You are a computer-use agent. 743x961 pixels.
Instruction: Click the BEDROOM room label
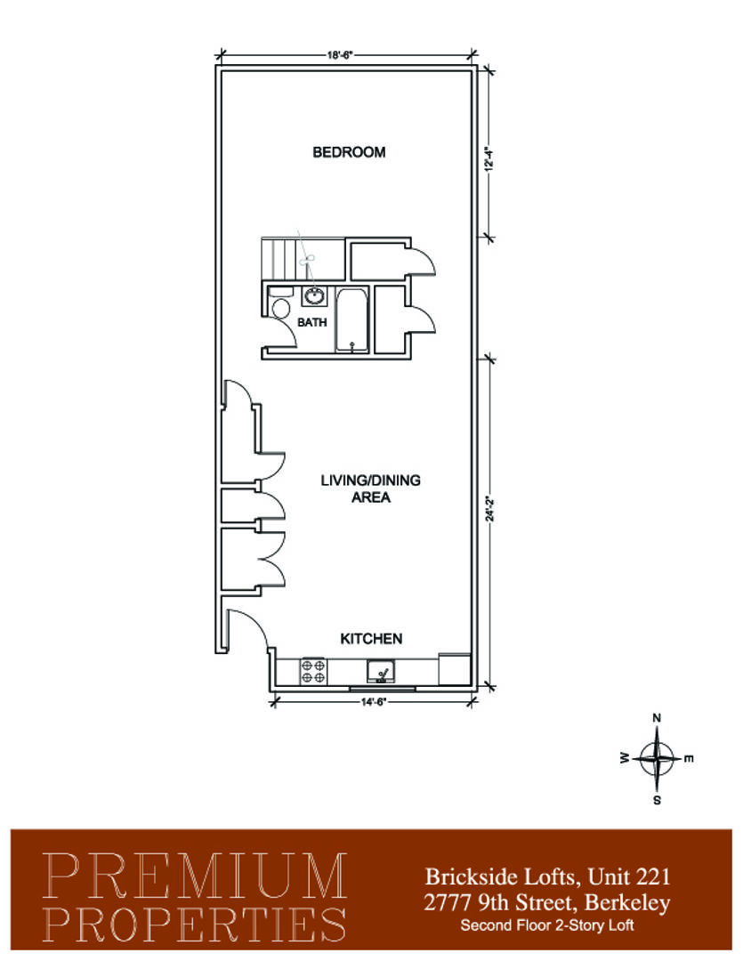click(349, 152)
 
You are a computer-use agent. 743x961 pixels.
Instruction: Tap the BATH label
click(312, 322)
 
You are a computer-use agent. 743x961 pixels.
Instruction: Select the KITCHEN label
click(371, 639)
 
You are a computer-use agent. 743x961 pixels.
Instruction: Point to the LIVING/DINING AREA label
click(370, 489)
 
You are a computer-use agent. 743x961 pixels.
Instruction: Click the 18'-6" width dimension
click(340, 55)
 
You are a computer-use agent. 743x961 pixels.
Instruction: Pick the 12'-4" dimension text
click(489, 158)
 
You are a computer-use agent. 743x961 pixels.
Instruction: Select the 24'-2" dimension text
click(489, 508)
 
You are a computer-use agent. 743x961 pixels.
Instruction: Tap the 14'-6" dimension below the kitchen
click(373, 702)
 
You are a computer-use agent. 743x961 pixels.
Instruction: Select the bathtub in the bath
click(351, 321)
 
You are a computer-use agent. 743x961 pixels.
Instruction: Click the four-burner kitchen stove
click(312, 671)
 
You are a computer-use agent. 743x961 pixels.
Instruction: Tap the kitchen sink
click(381, 672)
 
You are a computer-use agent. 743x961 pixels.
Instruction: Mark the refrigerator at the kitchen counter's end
click(455, 670)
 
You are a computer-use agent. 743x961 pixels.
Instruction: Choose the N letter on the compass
click(657, 718)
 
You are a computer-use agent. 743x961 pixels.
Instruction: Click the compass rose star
click(657, 759)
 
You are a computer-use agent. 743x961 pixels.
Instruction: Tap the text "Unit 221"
click(629, 876)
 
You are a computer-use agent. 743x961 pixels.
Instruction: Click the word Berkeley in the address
click(627, 903)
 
